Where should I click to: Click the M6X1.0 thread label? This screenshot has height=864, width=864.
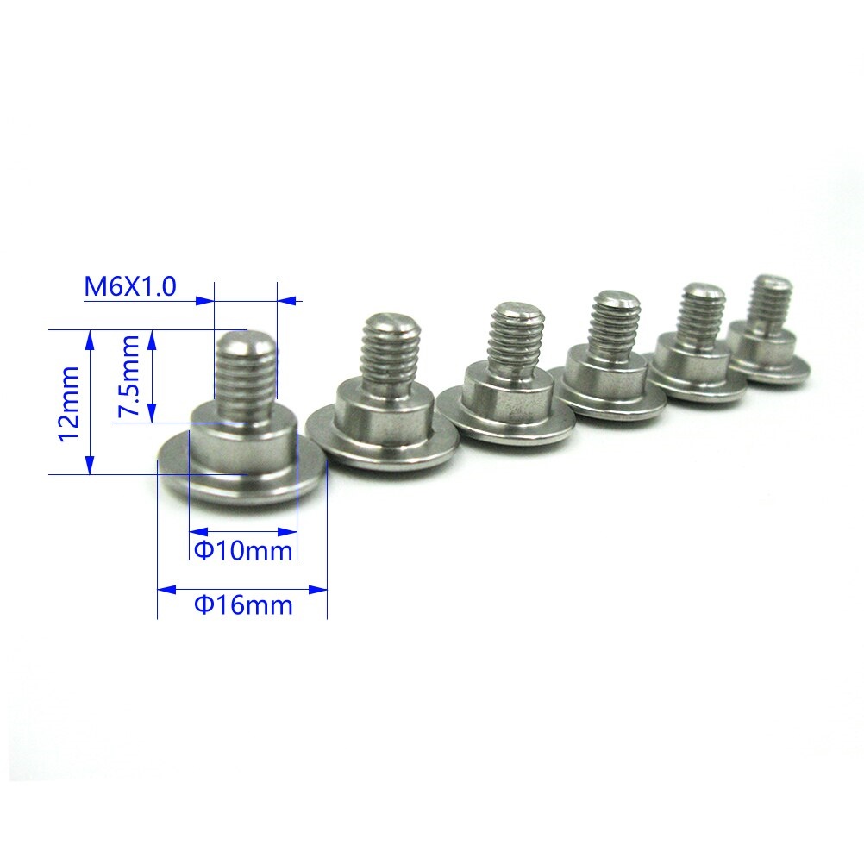tap(130, 286)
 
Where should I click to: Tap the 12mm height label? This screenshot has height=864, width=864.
tap(68, 402)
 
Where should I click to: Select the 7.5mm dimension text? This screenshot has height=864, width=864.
tap(129, 377)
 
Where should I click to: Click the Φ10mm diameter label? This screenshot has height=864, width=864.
tap(242, 549)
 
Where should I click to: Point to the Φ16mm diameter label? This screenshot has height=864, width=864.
tap(242, 604)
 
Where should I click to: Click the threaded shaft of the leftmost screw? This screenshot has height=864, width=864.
tap(245, 371)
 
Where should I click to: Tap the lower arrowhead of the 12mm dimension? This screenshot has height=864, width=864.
tap(90, 466)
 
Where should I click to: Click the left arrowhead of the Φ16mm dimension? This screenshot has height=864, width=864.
tap(165, 590)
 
